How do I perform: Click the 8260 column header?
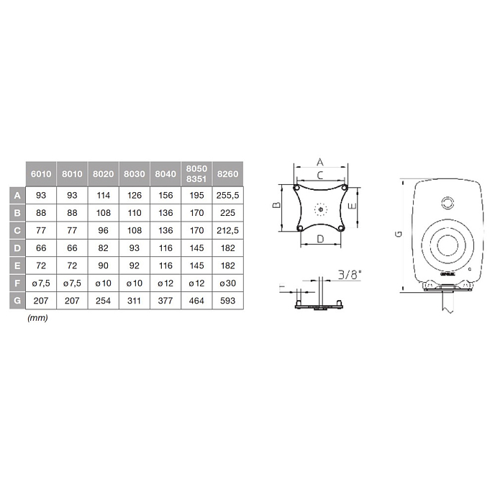click(228, 173)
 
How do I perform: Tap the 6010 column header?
click(41, 173)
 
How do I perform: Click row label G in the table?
click(17, 299)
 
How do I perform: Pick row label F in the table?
click(17, 282)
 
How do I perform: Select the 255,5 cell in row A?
click(228, 195)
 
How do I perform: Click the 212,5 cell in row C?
click(228, 230)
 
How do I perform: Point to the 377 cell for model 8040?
click(165, 299)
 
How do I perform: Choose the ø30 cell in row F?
click(228, 282)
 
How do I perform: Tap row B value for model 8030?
click(135, 212)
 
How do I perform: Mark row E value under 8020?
click(103, 265)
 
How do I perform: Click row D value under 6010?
click(41, 247)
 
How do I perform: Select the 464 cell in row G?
click(196, 299)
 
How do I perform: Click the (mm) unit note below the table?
click(37, 317)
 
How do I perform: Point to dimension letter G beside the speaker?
click(397, 235)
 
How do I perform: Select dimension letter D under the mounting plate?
click(321, 237)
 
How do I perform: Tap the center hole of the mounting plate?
click(320, 210)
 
